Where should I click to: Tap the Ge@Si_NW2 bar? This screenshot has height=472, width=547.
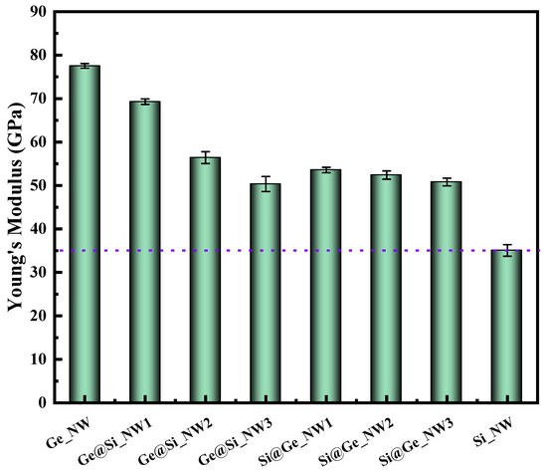pos(205,280)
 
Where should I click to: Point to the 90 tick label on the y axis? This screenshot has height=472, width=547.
pos(38,12)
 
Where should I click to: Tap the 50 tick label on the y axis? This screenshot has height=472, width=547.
pos(38,186)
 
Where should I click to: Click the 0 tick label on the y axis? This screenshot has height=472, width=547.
pos(43,403)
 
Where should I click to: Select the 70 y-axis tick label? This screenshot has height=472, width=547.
pos(38,100)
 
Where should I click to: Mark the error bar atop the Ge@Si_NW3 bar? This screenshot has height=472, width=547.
pos(265,183)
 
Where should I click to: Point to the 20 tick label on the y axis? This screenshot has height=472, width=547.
pos(38,317)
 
